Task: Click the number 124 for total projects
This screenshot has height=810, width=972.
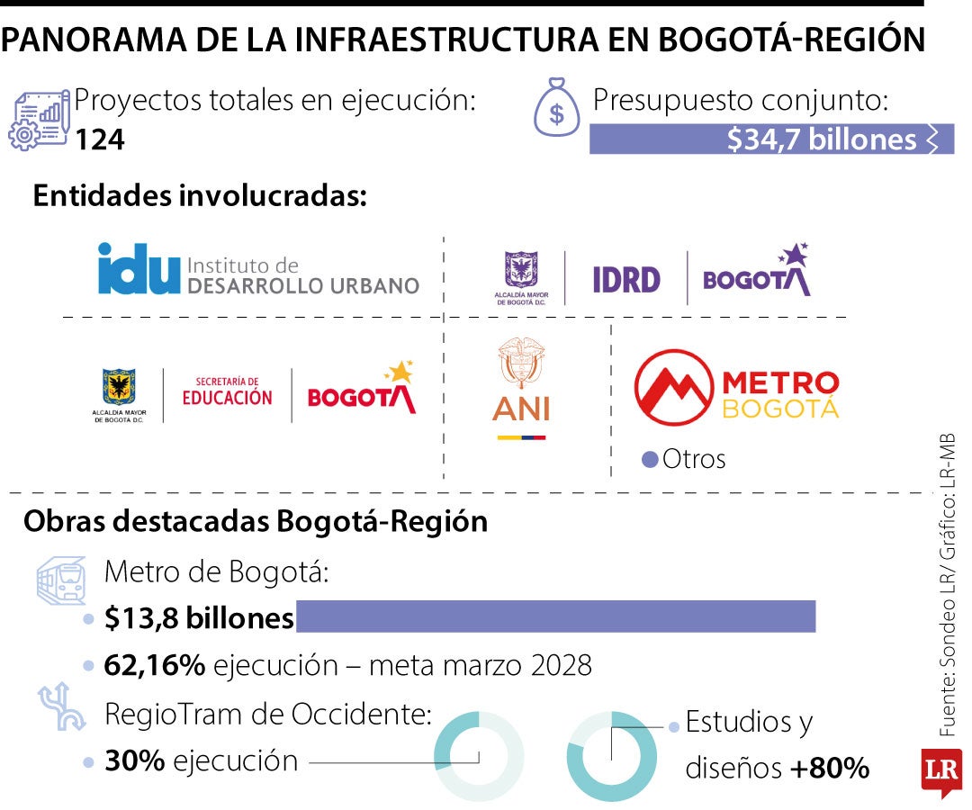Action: [99, 140]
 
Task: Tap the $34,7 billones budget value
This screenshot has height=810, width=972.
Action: [821, 139]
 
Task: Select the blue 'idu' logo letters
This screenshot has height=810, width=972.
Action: [138, 269]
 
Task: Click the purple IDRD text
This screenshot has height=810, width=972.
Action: [625, 279]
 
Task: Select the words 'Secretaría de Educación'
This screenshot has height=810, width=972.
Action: [227, 391]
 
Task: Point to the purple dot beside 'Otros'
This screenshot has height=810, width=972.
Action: [649, 460]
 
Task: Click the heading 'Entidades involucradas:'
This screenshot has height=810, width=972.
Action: [200, 197]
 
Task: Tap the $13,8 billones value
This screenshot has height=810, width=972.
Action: [199, 619]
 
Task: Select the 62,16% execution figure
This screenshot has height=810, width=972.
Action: [156, 666]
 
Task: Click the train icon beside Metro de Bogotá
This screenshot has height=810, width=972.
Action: [61, 579]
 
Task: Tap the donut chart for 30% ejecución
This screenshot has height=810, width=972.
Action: [479, 756]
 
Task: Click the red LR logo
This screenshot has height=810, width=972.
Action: [940, 769]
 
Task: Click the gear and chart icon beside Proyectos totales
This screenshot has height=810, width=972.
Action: [40, 119]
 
